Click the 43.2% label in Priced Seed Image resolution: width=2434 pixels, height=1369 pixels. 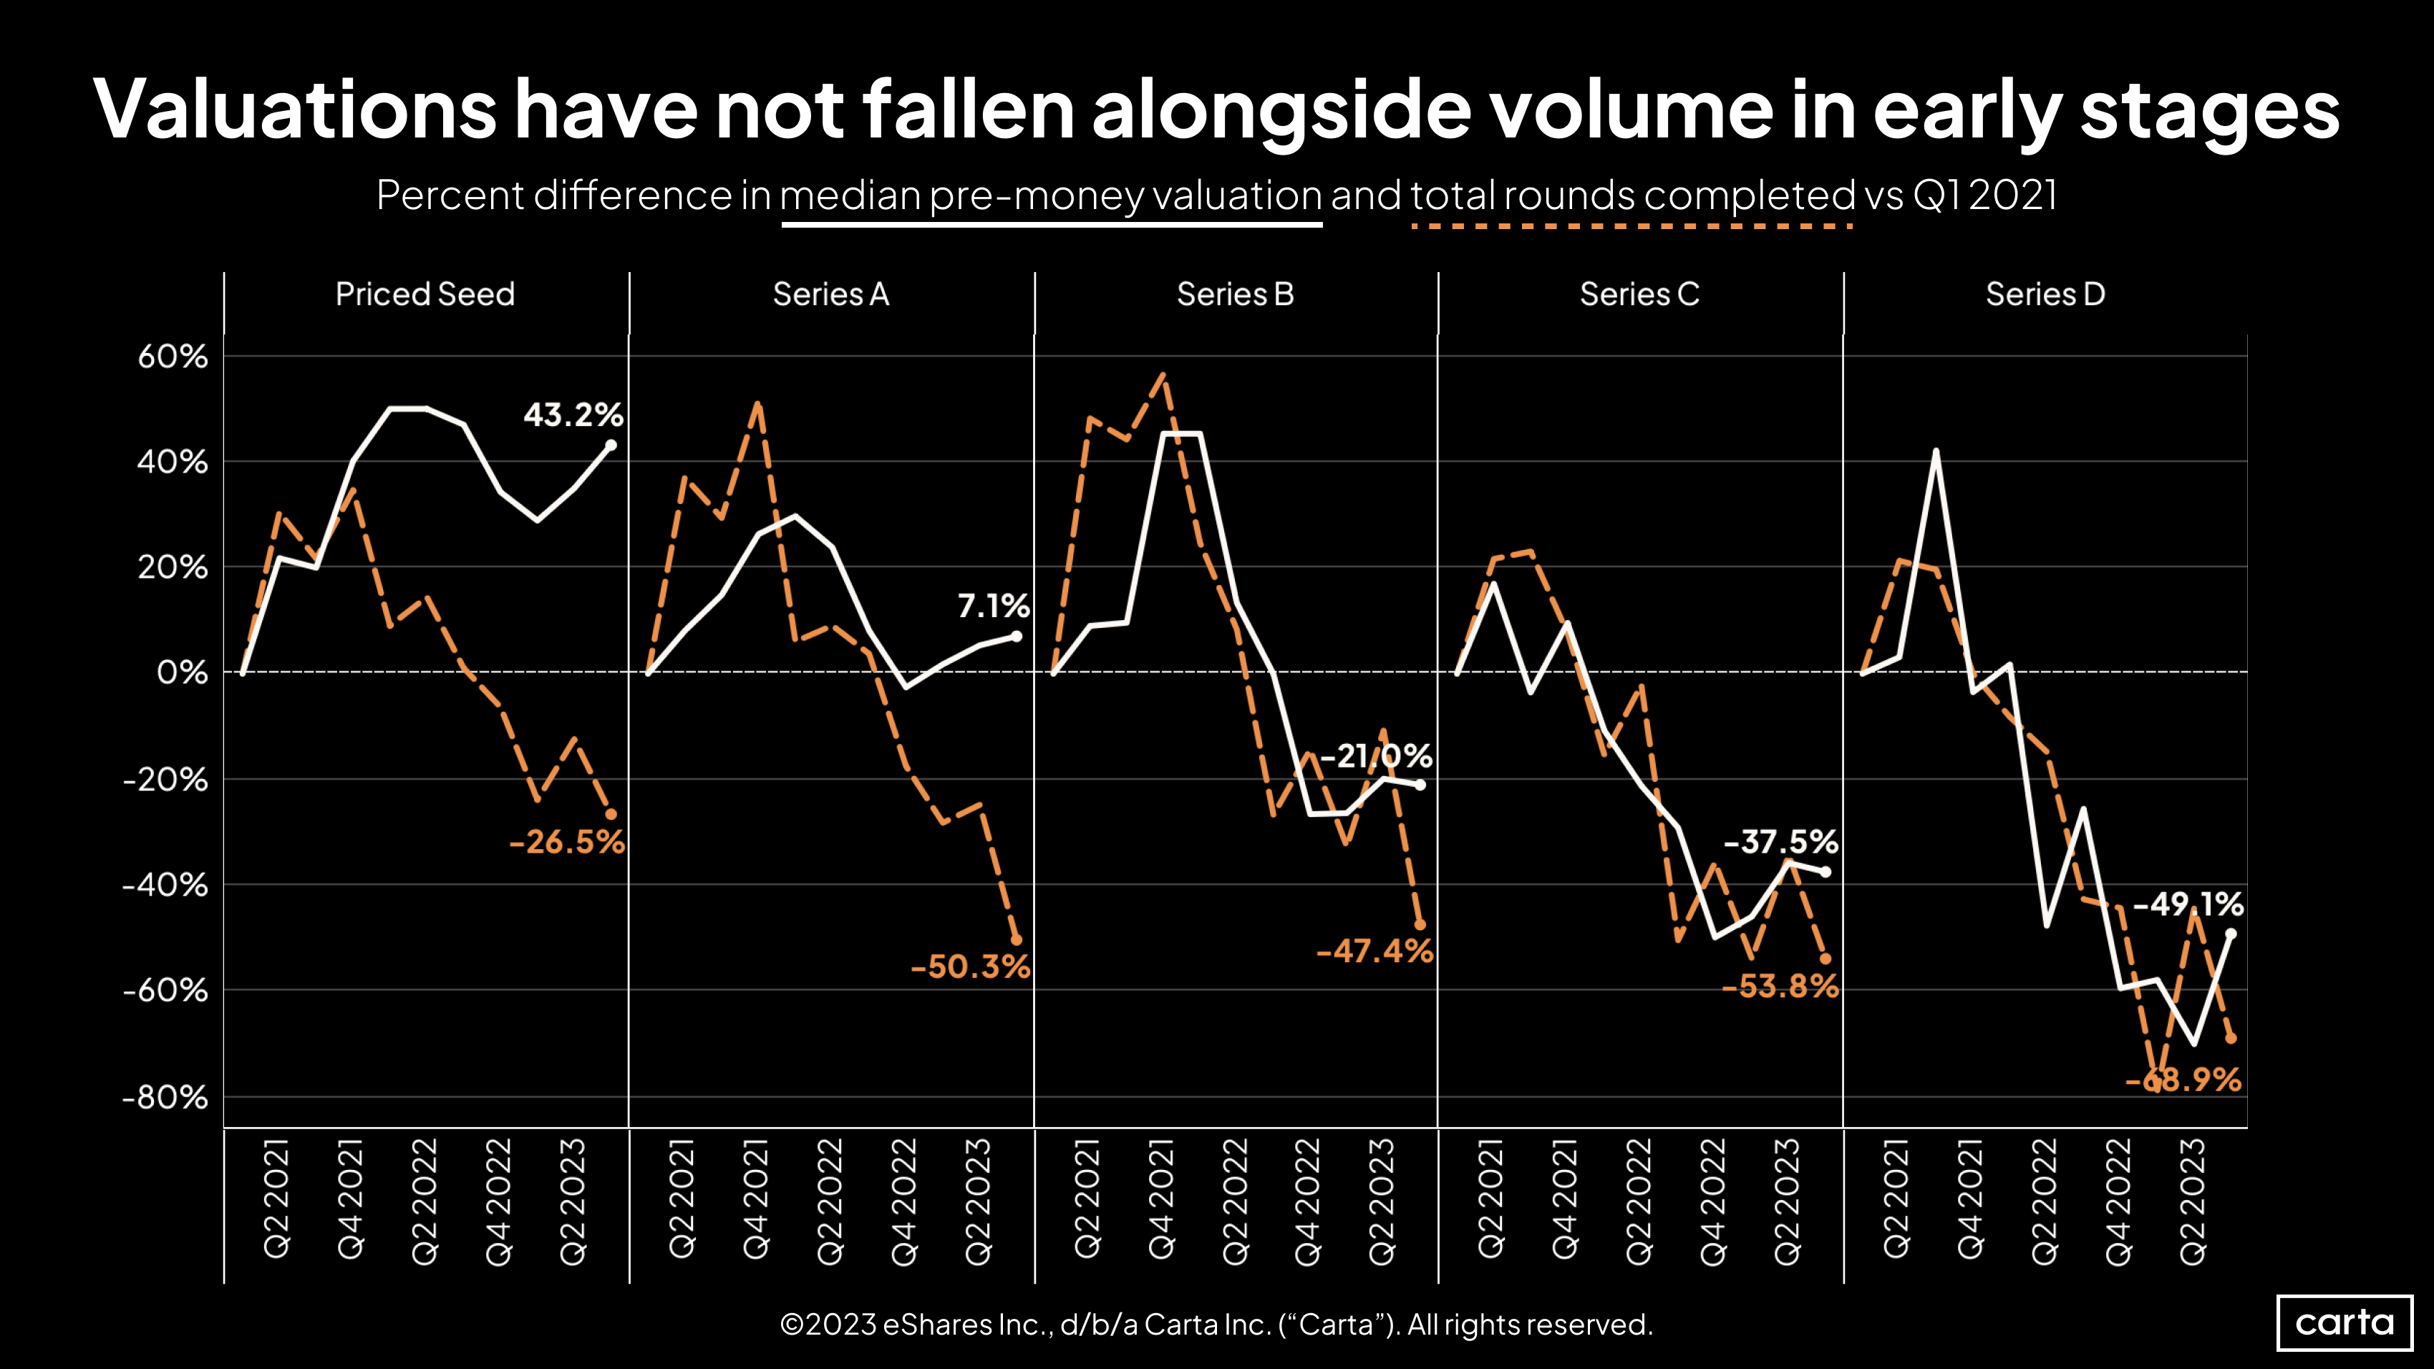pos(573,415)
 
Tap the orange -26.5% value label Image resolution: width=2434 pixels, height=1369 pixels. pos(567,842)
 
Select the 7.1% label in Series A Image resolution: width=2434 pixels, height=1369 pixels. pos(992,606)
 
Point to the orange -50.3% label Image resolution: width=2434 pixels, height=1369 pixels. pos(971,967)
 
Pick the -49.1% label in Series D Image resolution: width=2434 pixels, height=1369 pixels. pos(2188,904)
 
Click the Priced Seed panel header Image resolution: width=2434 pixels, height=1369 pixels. pos(425,294)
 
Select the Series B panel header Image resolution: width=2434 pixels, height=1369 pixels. pos(1235,294)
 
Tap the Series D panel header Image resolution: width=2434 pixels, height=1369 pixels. pos(2046,294)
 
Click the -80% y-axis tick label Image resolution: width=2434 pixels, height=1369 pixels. pos(165,1097)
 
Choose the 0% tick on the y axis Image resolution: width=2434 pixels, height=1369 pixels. pos(181,673)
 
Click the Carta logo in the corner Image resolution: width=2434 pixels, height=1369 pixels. pos(2345,1322)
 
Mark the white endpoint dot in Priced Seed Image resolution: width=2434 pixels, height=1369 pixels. pos(611,445)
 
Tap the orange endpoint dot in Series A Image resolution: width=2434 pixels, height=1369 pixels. pos(1017,940)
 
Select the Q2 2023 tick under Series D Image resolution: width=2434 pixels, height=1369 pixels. pos(2192,1200)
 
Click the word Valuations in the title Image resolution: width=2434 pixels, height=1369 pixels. pos(295,110)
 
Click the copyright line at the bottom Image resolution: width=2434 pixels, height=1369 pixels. pos(1216,1324)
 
